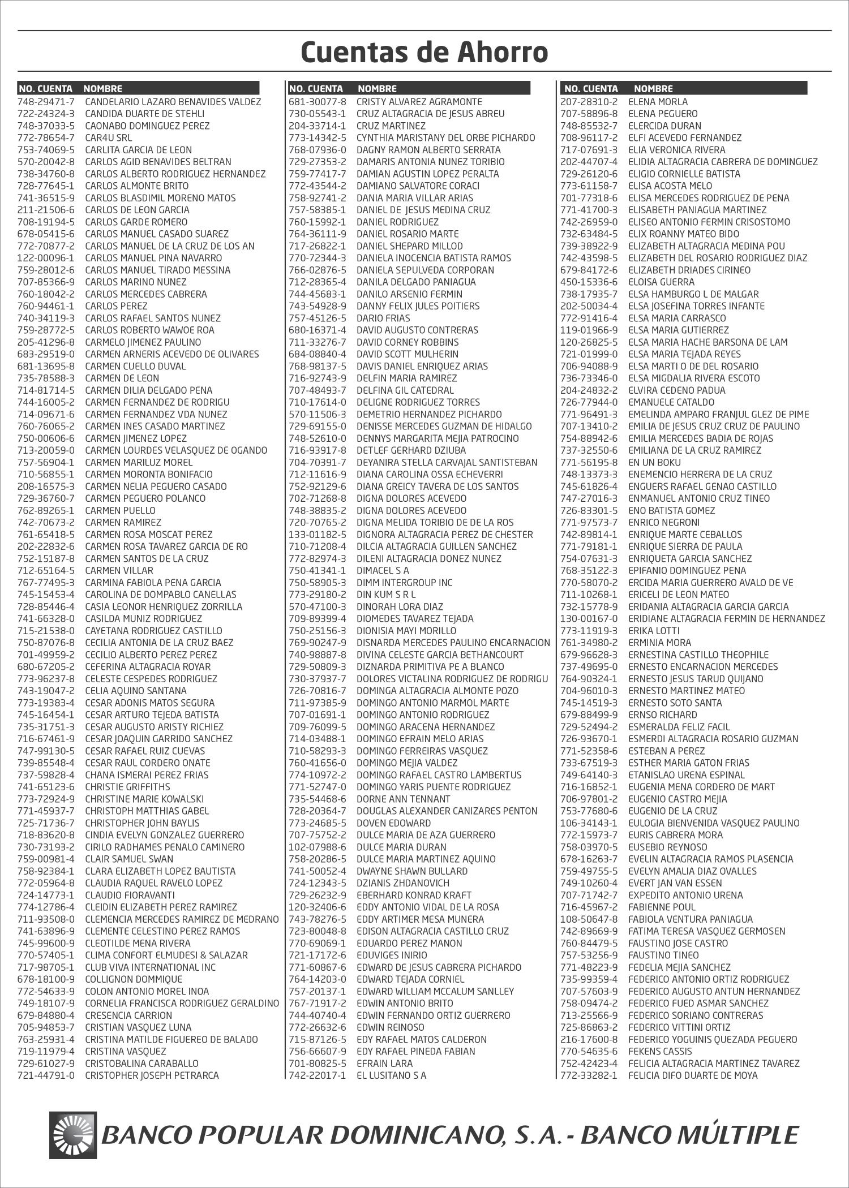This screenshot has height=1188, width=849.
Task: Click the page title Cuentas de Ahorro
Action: click(424, 53)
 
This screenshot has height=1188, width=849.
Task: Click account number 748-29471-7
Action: click(46, 102)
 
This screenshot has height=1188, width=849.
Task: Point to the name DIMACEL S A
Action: click(382, 570)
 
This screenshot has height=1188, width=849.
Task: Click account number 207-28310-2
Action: click(589, 102)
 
